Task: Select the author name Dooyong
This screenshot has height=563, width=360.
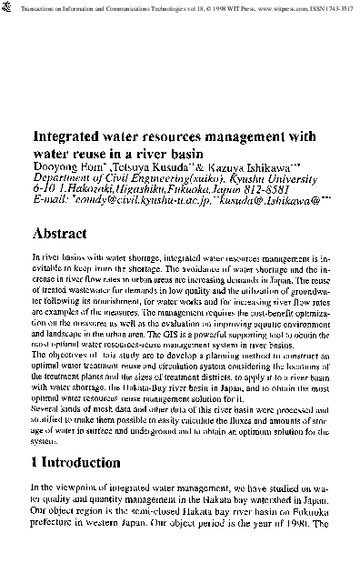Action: tap(53, 166)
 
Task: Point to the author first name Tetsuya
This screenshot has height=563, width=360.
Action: tap(127, 166)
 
